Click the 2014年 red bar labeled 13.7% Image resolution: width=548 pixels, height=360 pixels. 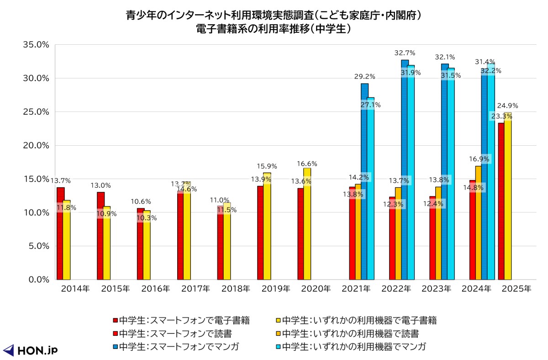click(x=60, y=233)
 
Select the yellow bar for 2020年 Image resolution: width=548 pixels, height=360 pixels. click(x=307, y=224)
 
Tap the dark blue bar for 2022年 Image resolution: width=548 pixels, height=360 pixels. click(x=405, y=169)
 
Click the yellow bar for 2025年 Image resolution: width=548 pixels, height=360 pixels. click(x=508, y=196)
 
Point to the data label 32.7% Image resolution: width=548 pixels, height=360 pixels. click(x=405, y=53)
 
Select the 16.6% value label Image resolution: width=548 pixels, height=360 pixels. click(x=307, y=164)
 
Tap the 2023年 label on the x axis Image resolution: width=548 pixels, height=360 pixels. click(x=436, y=289)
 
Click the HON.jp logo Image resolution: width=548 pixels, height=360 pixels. click(x=30, y=350)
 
